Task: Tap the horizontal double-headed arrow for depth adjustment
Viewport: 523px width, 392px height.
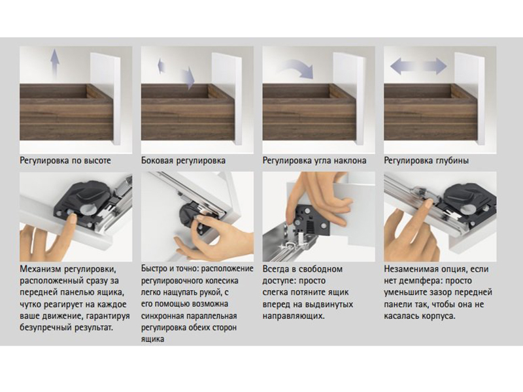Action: pyautogui.click(x=418, y=66)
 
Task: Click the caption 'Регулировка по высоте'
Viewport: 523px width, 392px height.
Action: pyautogui.click(x=65, y=161)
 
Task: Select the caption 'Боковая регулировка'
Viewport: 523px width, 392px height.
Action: pyautogui.click(x=183, y=161)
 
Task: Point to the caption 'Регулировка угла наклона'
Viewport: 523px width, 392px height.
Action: pyautogui.click(x=314, y=161)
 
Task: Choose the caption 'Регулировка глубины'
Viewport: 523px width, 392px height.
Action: pyautogui.click(x=426, y=161)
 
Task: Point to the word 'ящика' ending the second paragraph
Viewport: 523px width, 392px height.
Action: pyautogui.click(x=152, y=340)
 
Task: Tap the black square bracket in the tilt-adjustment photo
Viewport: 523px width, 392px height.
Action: pyautogui.click(x=309, y=220)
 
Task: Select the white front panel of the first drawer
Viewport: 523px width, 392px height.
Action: pyautogui.click(x=105, y=99)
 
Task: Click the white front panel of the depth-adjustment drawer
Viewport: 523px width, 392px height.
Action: pyautogui.click(x=469, y=99)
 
